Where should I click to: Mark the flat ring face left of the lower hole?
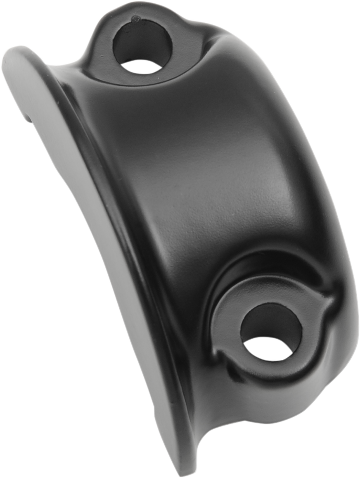(227, 331)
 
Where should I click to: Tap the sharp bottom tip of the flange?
(182, 471)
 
